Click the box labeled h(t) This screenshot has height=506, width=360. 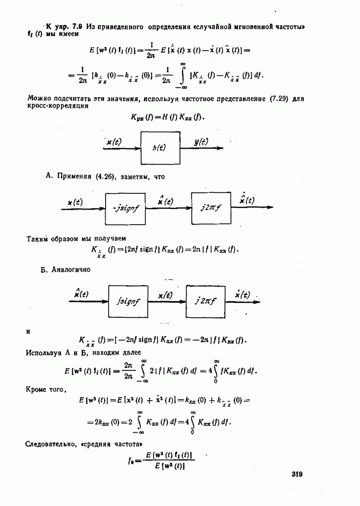(x=160, y=148)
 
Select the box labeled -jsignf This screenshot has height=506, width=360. (x=125, y=208)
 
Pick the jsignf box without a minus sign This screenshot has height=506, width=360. (x=128, y=301)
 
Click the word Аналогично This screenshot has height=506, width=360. (x=71, y=270)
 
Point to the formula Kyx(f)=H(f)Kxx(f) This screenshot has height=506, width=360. (x=169, y=117)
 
